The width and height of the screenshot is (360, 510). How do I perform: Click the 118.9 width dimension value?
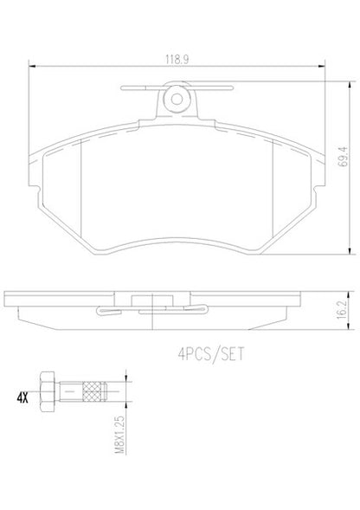[x=177, y=60]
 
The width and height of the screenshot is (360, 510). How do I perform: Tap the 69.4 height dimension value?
[x=343, y=157]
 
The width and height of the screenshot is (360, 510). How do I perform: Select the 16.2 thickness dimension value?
[x=342, y=311]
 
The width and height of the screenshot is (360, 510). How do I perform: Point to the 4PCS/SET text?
[x=211, y=354]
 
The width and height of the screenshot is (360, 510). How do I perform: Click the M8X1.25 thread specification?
[x=120, y=434]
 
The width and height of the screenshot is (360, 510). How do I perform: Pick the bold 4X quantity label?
[x=22, y=398]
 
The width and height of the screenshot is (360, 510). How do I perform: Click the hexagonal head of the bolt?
[x=47, y=391]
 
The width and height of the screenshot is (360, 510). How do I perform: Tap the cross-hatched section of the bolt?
[x=92, y=391]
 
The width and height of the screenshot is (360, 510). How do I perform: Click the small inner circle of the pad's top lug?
[x=177, y=99]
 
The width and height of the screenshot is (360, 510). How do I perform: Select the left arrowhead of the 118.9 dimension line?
[x=32, y=66]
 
